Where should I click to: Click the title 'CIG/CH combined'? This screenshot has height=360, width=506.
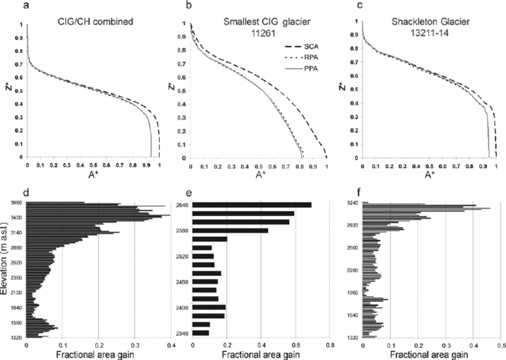tap(95, 22)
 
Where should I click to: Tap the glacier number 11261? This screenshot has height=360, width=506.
tap(263, 34)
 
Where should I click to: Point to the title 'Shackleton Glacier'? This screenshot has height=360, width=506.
tap(430, 22)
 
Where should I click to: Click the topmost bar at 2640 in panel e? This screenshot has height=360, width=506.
tap(252, 205)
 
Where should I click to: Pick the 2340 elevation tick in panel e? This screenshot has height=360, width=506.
tap(181, 333)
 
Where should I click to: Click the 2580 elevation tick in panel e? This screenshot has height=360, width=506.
tap(181, 231)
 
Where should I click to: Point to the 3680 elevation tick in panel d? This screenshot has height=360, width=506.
tap(16, 203)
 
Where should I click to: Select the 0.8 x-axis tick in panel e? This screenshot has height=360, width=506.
tap(329, 345)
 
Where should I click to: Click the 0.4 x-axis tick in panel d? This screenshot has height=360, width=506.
tap(171, 345)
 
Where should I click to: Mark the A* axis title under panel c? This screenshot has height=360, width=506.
tap(429, 175)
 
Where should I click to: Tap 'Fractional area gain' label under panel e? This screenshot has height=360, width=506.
tap(261, 355)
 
